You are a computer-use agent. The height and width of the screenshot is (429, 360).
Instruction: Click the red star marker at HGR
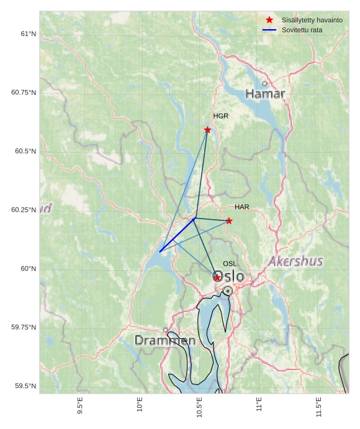[207, 130]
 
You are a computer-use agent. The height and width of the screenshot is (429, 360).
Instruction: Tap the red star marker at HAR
[229, 221]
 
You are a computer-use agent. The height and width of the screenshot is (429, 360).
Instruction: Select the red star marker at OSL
[217, 278]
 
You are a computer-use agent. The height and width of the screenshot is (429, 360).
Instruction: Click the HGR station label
[220, 116]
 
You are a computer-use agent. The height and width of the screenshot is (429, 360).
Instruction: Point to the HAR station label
[241, 207]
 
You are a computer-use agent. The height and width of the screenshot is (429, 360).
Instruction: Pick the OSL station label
[230, 264]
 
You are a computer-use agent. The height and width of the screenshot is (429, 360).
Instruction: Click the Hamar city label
[265, 94]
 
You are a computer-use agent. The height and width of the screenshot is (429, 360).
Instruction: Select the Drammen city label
[165, 341]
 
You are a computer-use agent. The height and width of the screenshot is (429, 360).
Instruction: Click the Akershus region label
[295, 261]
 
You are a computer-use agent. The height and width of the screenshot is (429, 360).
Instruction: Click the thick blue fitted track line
[178, 235]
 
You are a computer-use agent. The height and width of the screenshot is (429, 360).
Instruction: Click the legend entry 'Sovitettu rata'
[302, 30]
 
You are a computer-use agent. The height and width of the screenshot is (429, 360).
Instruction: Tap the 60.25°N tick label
[24, 210]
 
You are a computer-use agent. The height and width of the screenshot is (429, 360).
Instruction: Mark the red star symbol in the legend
[269, 20]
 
